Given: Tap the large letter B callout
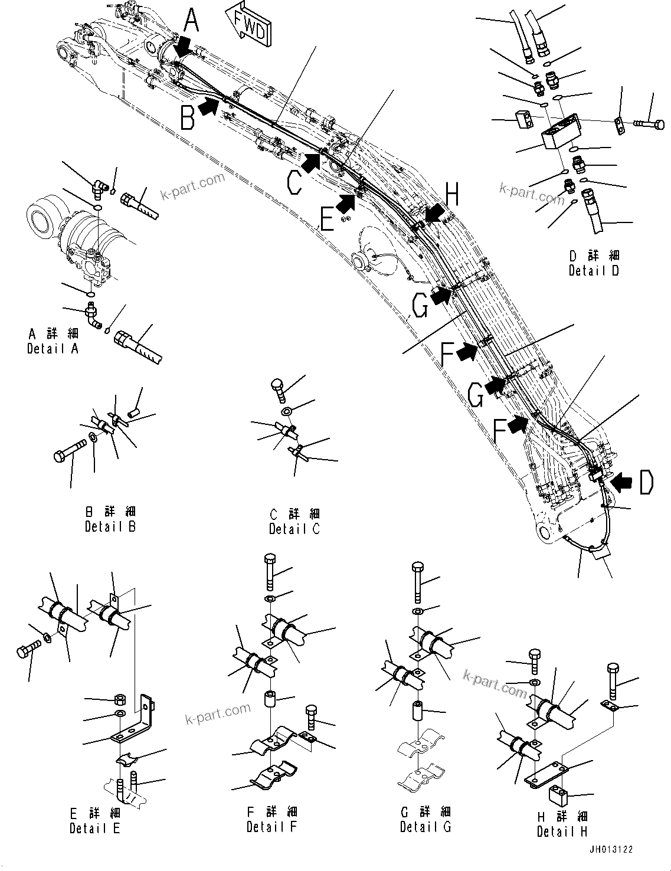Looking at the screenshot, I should click(x=188, y=116).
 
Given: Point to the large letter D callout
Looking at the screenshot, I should click(x=646, y=482).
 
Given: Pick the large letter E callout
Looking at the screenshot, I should click(x=326, y=221).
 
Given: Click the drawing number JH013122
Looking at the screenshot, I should click(x=610, y=850).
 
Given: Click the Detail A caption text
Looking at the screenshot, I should click(x=53, y=342).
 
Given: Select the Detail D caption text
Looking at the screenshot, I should click(x=594, y=264).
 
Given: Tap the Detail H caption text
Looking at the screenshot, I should click(x=562, y=824).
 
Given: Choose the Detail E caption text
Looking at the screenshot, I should click(x=94, y=821).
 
